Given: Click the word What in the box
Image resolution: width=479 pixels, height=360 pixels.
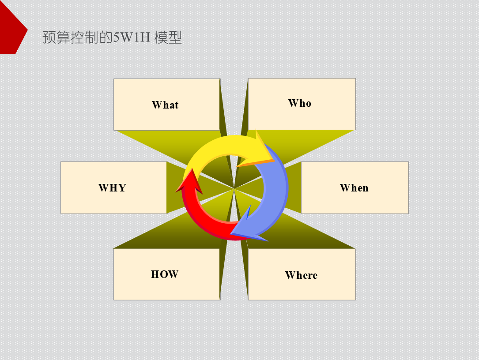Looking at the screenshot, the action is pyautogui.click(x=165, y=105).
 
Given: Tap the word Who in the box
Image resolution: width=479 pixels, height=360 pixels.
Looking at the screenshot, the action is pyautogui.click(x=300, y=103).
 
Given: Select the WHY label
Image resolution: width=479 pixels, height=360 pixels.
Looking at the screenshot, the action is pyautogui.click(x=112, y=188).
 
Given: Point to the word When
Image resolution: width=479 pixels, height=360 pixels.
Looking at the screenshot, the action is pyautogui.click(x=354, y=188).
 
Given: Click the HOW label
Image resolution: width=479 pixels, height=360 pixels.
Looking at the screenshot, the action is pyautogui.click(x=165, y=274).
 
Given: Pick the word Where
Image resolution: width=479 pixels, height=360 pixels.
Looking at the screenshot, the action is pyautogui.click(x=301, y=275).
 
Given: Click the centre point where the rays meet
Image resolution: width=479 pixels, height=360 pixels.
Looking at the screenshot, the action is pyautogui.click(x=234, y=189).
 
